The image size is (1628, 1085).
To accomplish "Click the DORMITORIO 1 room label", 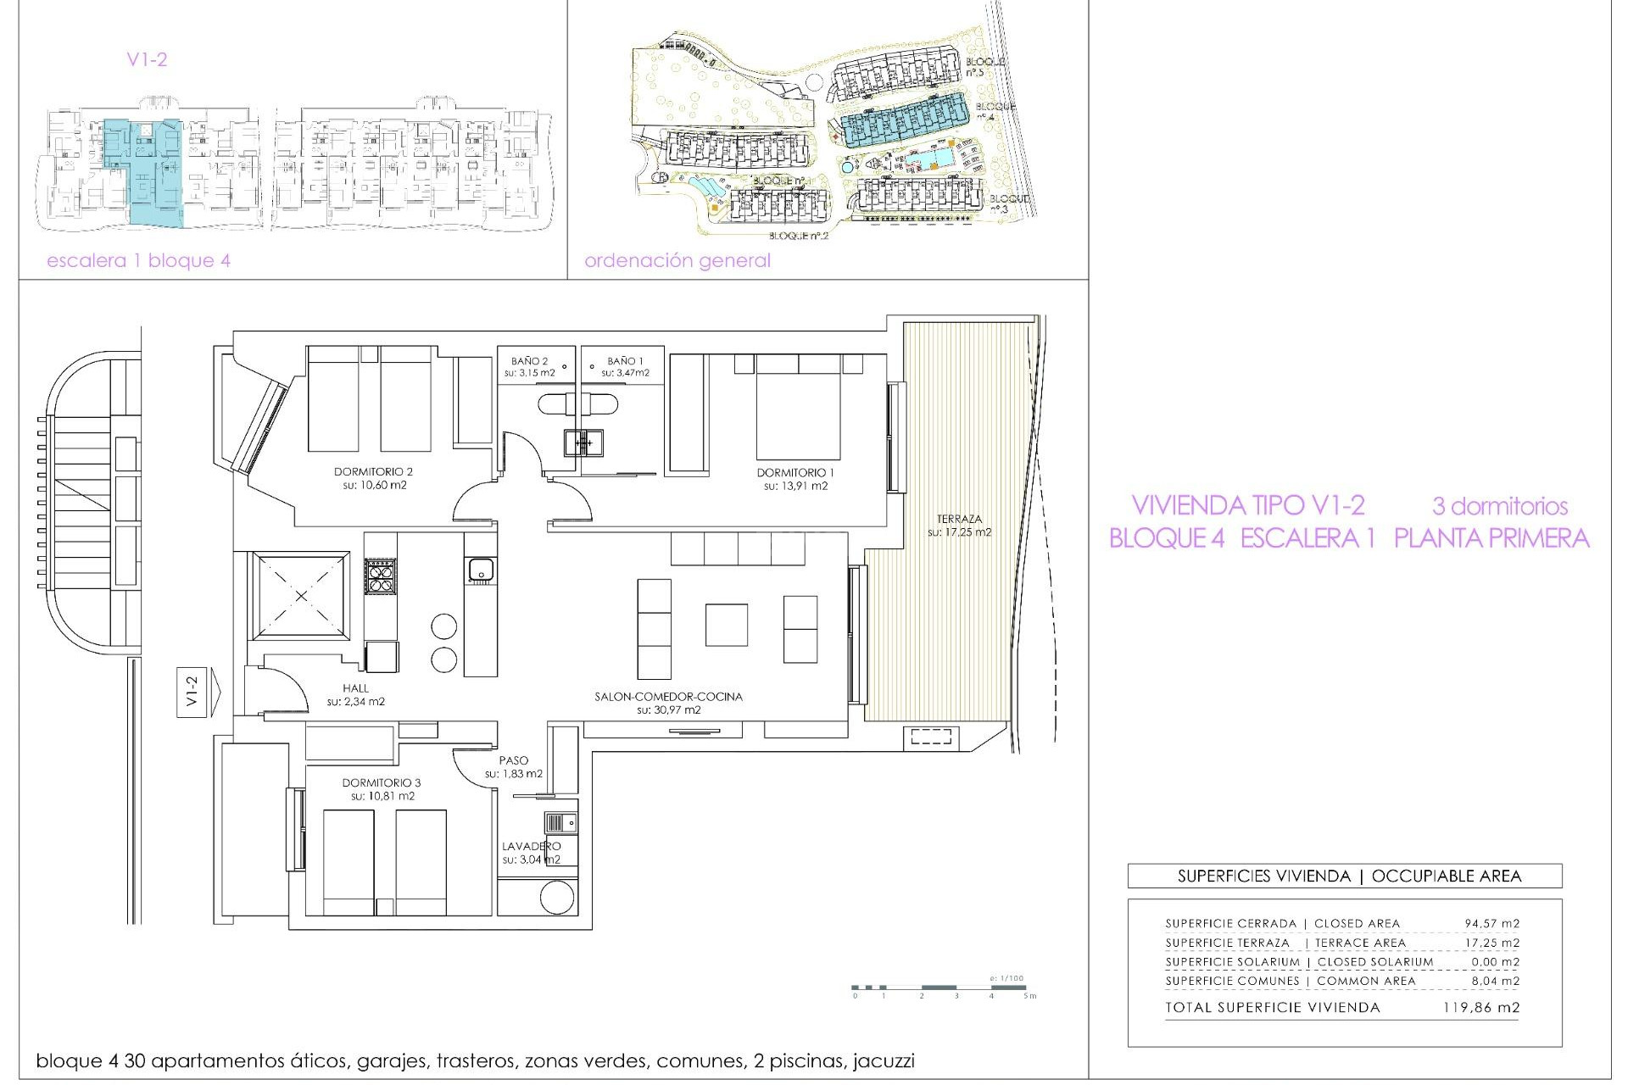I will coord(795,472).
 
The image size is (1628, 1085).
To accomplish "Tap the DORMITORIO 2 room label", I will coord(373,471).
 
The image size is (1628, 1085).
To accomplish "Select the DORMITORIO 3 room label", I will coord(382,782).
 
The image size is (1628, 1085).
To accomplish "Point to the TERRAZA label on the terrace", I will coord(959,519).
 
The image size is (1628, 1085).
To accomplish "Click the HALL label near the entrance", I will coord(356,688).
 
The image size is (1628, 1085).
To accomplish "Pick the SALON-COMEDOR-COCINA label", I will coord(668,696).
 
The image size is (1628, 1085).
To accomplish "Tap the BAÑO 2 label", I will coord(530,361).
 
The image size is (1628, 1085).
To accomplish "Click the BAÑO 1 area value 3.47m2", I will coord(626,373).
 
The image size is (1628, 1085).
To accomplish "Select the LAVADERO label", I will coord(531,846).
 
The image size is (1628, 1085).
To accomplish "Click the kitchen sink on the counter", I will coord(480,570).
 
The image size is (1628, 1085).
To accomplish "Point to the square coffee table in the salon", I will coord(727,625).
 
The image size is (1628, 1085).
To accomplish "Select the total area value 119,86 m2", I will coord(1480,1008).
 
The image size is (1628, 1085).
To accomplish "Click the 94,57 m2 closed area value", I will coord(1491,923).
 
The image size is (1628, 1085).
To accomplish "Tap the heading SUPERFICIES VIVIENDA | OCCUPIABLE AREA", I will coord(1349,876).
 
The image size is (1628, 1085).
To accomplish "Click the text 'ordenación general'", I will coord(677,261).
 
